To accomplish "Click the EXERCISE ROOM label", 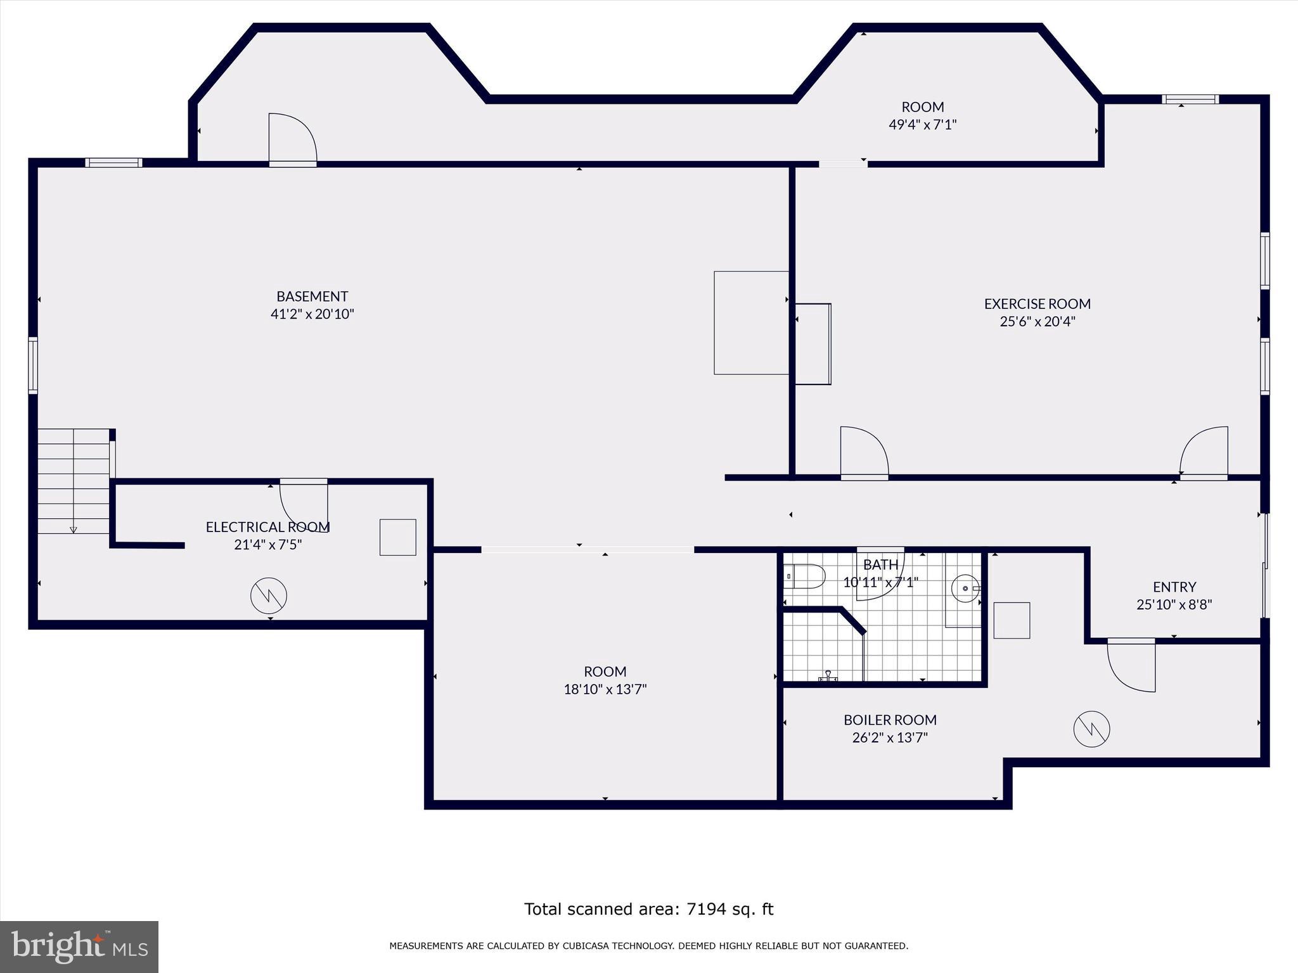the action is pyautogui.click(x=1037, y=304).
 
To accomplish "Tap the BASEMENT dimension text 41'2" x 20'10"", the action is pyautogui.click(x=312, y=314).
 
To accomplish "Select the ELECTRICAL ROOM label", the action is pyautogui.click(x=267, y=527).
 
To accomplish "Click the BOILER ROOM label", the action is pyautogui.click(x=890, y=720).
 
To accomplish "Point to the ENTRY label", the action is pyautogui.click(x=1174, y=587).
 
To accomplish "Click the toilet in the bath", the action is pyautogui.click(x=805, y=576).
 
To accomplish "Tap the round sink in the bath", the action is pyautogui.click(x=965, y=588).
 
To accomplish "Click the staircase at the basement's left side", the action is pyautogui.click(x=74, y=481).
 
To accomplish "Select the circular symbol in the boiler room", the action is pyautogui.click(x=1091, y=729).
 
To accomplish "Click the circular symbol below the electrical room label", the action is pyautogui.click(x=269, y=595).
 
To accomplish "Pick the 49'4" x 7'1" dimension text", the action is pyautogui.click(x=922, y=125).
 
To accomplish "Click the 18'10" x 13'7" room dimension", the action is pyautogui.click(x=605, y=689).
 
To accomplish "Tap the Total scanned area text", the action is pyautogui.click(x=648, y=909).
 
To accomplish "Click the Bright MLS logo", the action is pyautogui.click(x=79, y=946).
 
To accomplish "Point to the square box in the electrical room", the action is pyautogui.click(x=398, y=537).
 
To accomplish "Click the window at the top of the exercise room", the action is pyautogui.click(x=1190, y=99).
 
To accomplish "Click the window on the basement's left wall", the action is pyautogui.click(x=33, y=366).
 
